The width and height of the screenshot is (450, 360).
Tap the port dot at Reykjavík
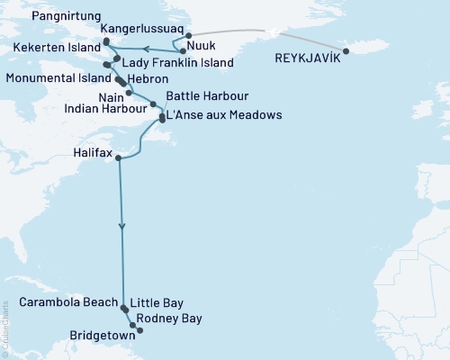(x=346, y=49)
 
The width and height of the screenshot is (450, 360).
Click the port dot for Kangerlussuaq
(x=187, y=36)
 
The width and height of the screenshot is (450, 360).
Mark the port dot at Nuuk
(x=183, y=51)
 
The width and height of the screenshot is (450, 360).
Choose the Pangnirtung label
(x=62, y=16)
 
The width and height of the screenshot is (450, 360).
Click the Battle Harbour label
(x=202, y=95)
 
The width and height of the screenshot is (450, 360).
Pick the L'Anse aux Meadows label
(x=226, y=115)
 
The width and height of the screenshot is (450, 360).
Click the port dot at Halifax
(x=119, y=158)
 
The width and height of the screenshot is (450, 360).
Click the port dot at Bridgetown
(x=139, y=330)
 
